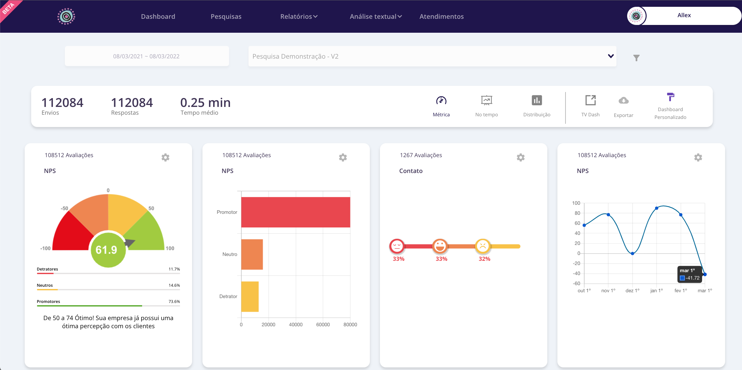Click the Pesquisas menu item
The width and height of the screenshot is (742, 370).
tap(226, 17)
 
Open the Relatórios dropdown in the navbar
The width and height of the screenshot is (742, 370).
tap(298, 17)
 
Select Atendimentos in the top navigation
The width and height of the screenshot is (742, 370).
tap(441, 17)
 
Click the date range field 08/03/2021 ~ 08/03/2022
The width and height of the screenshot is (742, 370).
tap(146, 56)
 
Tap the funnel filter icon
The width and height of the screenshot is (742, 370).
tap(636, 58)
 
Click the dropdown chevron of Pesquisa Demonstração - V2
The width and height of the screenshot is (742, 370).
tap(611, 56)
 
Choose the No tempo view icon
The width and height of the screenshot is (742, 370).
tap(486, 101)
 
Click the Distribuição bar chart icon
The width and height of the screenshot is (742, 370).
tap(537, 100)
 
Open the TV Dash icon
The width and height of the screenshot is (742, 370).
tap(590, 100)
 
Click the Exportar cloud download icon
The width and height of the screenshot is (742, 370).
tap(623, 101)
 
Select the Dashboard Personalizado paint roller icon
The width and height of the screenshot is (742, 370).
tap(670, 97)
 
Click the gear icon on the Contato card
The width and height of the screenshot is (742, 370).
tap(520, 157)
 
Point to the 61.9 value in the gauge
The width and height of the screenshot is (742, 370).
tap(106, 250)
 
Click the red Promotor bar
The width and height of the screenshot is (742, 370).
tap(295, 212)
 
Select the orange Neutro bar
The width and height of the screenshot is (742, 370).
tap(252, 254)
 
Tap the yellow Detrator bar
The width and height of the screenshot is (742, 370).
tap(250, 296)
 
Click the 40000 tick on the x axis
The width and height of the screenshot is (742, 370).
tap(296, 325)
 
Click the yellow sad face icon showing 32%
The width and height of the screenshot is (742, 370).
tap(483, 246)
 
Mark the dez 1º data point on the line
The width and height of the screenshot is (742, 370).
tap(632, 253)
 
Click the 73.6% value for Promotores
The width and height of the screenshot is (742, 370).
tap(174, 302)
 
